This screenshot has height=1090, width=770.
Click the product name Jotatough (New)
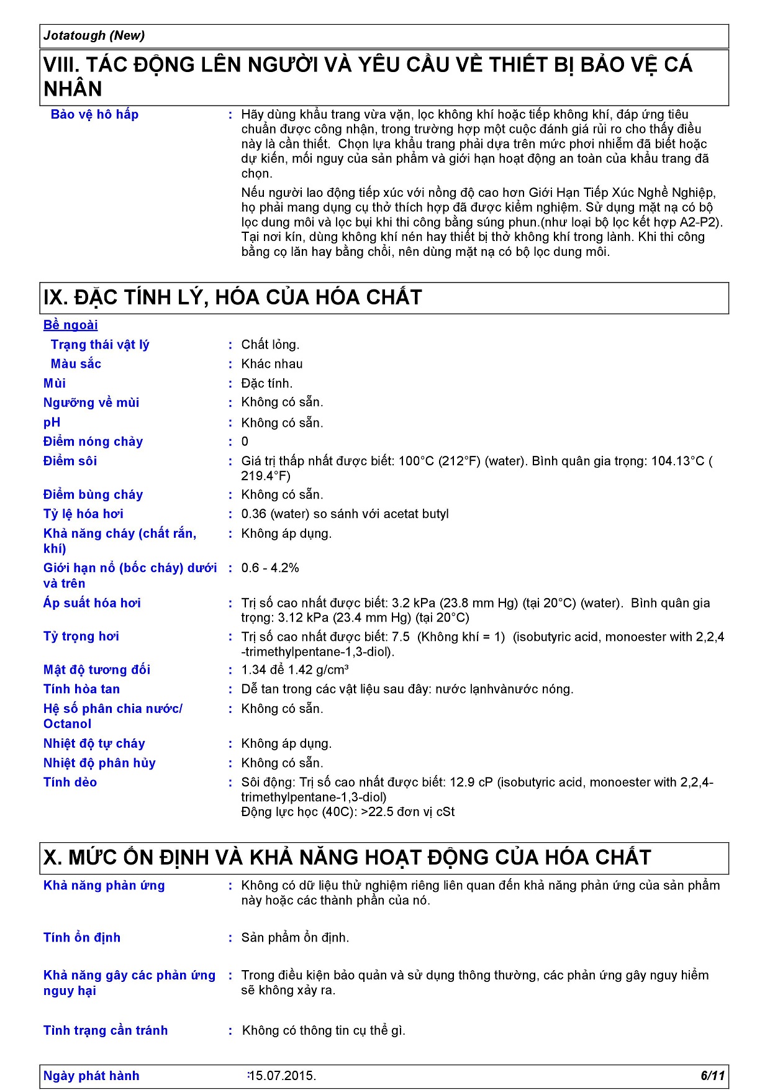tap(94, 35)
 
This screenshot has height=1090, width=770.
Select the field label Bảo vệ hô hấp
tap(94, 114)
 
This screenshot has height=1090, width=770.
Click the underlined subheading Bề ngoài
tap(70, 325)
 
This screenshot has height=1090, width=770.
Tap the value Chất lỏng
tap(270, 345)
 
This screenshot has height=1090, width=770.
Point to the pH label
tap(52, 422)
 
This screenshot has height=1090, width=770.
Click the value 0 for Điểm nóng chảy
tap(245, 442)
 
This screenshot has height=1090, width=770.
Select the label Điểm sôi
tap(70, 461)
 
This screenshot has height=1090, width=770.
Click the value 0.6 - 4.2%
tap(270, 568)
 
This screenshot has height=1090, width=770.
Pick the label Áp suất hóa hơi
tap(92, 602)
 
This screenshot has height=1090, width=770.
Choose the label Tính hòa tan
tap(81, 689)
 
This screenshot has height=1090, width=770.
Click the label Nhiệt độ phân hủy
tap(99, 763)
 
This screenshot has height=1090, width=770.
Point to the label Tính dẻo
tap(70, 782)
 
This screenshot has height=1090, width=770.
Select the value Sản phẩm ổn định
tap(295, 937)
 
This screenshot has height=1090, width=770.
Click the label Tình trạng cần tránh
tap(106, 1030)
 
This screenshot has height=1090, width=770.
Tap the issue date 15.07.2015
tap(283, 1076)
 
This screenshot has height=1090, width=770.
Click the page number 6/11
tap(712, 1076)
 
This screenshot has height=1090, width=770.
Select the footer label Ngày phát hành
tap(91, 1076)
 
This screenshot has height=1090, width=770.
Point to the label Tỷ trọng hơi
tap(81, 636)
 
